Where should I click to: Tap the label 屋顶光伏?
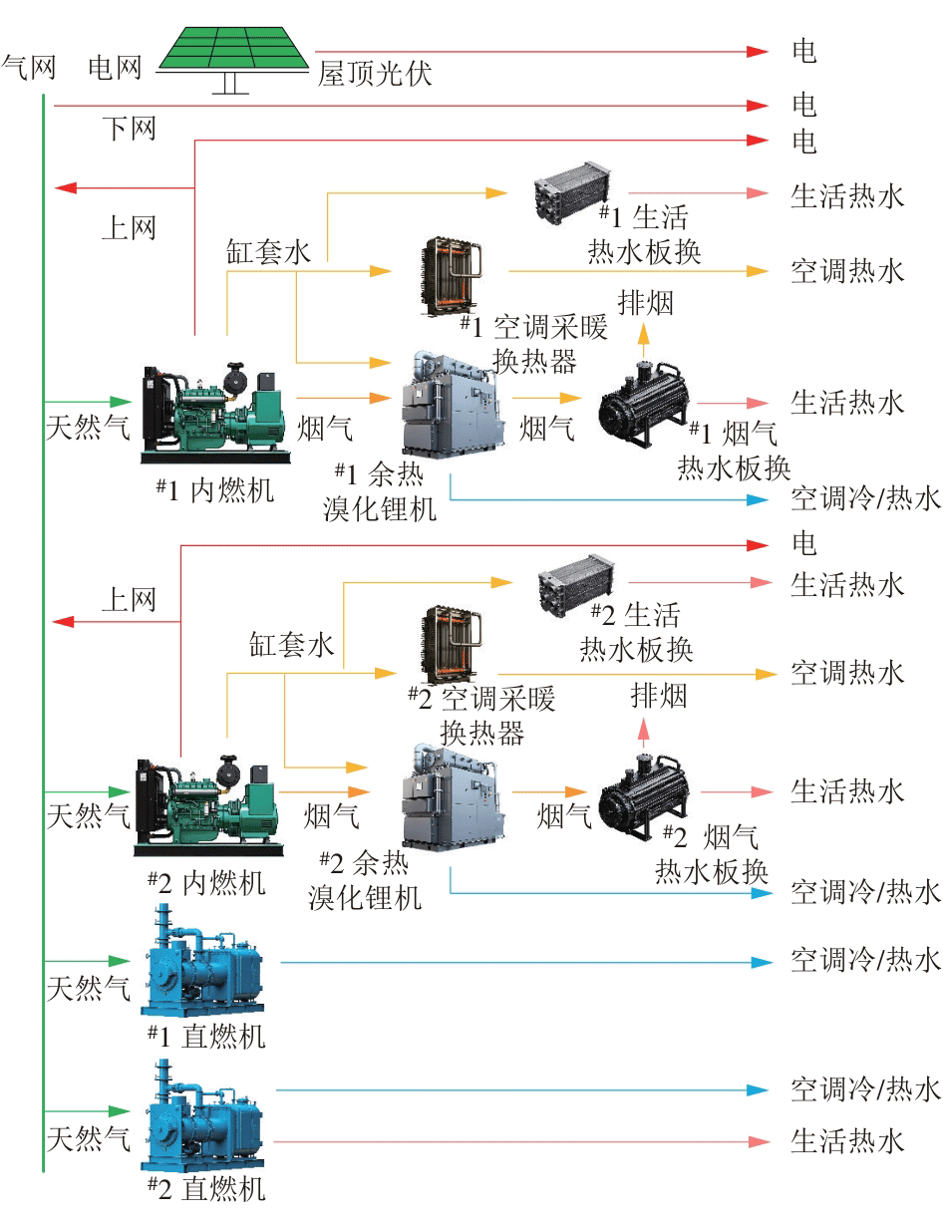coord(376,73)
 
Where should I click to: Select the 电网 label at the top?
coord(116,68)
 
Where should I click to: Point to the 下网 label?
coord(129,128)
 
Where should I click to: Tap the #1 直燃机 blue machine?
coord(206,963)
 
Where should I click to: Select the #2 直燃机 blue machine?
coord(206,1117)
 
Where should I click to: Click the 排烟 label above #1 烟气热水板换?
coord(646,302)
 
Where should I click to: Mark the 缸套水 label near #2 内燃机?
coord(291,644)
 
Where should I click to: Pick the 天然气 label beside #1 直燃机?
coord(89,989)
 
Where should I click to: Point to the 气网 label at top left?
coord(29,68)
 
